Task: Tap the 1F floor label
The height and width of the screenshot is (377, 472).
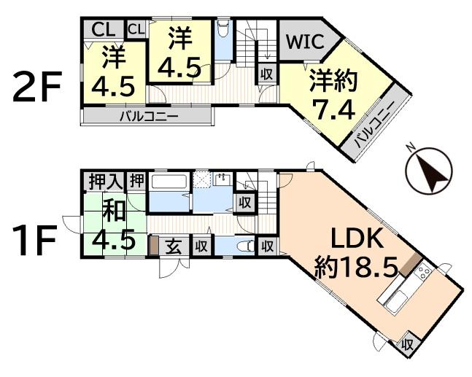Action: tap(35, 241)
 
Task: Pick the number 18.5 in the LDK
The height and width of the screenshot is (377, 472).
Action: tap(364, 266)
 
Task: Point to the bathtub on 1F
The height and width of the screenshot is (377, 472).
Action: tap(169, 182)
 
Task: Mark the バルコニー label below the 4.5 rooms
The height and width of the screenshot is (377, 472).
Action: tap(147, 117)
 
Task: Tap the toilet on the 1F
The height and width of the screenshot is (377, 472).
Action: tap(250, 246)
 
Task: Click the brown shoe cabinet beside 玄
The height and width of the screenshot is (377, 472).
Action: tap(154, 245)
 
